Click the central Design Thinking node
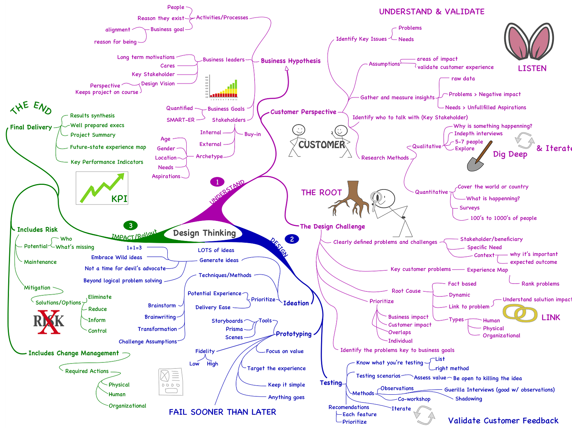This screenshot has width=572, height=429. pos(204,233)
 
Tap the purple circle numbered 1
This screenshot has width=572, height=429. pos(217,182)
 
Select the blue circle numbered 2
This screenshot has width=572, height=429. pos(292,239)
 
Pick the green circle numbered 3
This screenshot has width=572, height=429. pos(130,225)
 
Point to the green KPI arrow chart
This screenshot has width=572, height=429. pos(102,188)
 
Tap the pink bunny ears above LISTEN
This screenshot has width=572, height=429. pos(529,41)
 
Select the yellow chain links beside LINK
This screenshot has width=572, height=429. pos(520,314)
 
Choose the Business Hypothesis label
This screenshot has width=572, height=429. pos(290,61)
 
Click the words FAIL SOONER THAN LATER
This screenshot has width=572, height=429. pos(222,412)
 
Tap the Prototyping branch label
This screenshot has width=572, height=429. pos(294,334)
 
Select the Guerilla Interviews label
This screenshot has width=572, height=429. pos(499,390)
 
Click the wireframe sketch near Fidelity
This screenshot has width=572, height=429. pos(171,382)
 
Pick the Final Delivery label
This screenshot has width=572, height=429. pos(31,127)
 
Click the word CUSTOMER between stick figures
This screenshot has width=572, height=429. pos(321,144)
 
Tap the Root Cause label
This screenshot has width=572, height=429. pos(406,291)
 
